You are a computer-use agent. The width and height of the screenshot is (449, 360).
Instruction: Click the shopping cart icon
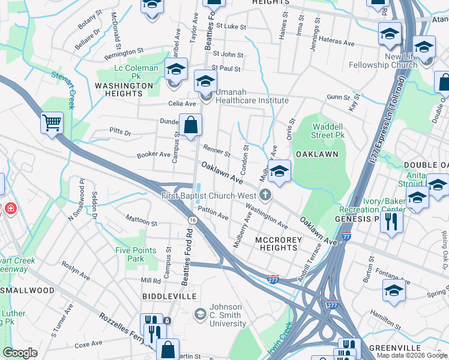tap(52, 123)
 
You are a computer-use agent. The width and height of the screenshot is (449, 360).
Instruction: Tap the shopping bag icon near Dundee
tap(190, 125)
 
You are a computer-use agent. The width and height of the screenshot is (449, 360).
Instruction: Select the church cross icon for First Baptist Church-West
tap(265, 194)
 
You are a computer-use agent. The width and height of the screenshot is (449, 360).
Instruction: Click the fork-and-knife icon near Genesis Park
tap(391, 221)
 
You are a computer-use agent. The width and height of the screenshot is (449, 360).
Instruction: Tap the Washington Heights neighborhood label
tap(124, 89)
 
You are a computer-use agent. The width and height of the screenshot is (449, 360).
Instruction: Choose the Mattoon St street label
tap(140, 221)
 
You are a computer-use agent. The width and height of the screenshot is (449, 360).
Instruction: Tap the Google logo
tap(20, 353)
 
